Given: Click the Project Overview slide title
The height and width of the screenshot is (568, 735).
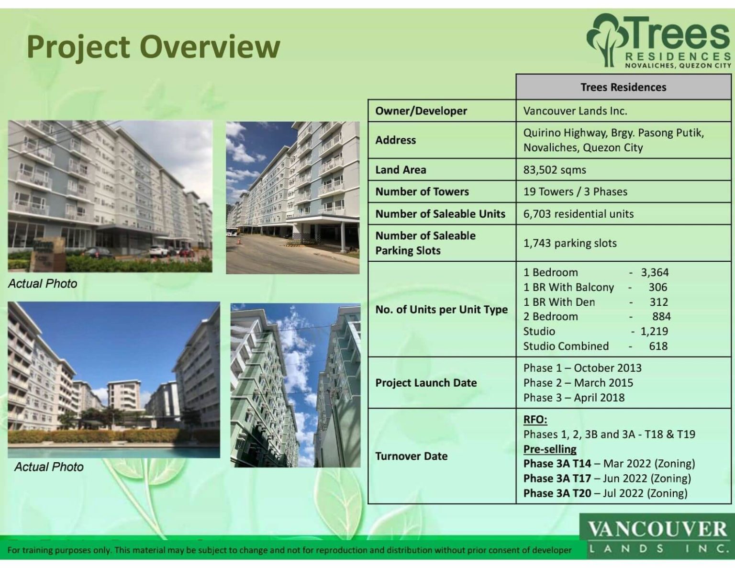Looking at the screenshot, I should pos(153,47).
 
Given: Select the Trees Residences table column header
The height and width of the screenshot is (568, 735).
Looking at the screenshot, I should pos(623,87).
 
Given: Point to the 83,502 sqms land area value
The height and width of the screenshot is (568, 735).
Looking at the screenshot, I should pos(555,170).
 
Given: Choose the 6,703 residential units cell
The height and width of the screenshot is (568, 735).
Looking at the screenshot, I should pos(578,214).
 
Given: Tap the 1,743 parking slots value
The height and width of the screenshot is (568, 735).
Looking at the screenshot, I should pos(570,243).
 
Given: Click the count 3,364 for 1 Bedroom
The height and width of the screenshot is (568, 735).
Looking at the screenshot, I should pos(655,272).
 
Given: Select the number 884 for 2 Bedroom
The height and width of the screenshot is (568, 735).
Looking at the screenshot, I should pos(661,316).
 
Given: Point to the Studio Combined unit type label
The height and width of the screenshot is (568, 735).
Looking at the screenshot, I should pos(566,346).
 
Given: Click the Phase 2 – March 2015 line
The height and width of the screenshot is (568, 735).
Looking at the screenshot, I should pos(578,383).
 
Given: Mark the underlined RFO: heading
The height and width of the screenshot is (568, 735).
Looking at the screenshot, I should pos(535,420).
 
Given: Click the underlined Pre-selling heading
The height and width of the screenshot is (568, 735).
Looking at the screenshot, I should pos(549,449).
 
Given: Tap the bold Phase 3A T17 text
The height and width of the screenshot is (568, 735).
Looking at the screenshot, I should pos(557,479).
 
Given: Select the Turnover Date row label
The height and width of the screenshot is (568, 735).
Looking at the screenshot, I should pos(411,456).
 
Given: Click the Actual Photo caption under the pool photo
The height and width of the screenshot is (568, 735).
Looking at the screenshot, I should pos(49,467).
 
